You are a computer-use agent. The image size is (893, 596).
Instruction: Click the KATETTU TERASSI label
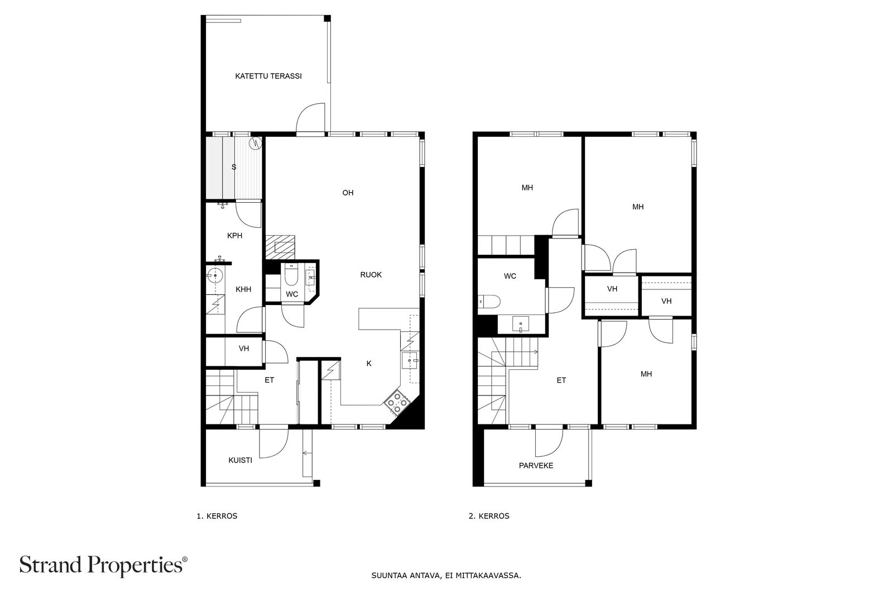pos(268,76)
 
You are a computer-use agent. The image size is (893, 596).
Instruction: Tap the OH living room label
pos(348,193)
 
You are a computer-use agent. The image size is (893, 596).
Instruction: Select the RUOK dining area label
pos(371,274)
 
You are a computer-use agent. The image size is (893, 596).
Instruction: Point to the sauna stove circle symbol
pos(255,143)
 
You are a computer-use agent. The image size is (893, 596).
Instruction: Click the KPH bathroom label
pos(234,235)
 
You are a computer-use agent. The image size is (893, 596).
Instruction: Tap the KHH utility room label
pos(243,289)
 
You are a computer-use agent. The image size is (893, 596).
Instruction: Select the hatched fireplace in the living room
pos(280,247)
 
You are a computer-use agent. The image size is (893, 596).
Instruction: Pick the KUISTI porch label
pos(240,460)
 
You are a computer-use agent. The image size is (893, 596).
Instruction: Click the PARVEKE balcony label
pos(536,465)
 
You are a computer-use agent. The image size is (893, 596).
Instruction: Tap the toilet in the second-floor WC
pos(489,302)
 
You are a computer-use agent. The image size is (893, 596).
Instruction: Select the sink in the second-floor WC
pos(521,324)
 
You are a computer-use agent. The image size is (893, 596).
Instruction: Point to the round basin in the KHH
pos(215,275)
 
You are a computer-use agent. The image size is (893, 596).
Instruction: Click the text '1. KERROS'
pos(217,516)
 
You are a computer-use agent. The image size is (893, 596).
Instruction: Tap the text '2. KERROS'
pos(489,516)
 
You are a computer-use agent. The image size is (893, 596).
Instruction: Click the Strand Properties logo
pos(103,565)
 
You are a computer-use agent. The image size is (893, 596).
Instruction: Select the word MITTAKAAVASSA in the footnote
pos(488,576)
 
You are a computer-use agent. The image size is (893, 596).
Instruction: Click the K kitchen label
pos(369,363)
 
